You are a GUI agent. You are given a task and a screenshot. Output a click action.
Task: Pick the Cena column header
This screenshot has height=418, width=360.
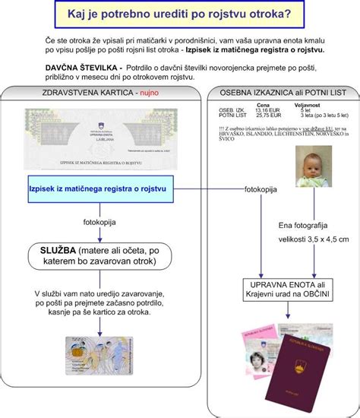263,104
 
